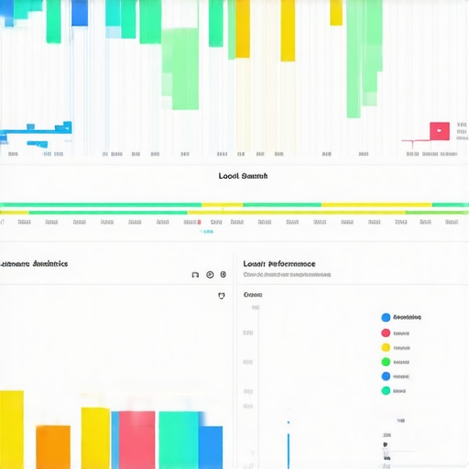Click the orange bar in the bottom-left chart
coord(52,447)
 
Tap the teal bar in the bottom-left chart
coord(179,440)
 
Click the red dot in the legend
coord(385,333)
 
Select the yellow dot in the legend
coord(385,347)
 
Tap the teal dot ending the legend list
coord(385,390)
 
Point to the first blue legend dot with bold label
coord(385,318)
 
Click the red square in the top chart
coord(440,131)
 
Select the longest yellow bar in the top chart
coord(288,30)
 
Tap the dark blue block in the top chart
coord(80,12)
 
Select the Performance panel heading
coord(279,264)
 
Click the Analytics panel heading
coord(35,264)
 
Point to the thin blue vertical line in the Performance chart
coord(288,444)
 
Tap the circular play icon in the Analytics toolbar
coord(210,274)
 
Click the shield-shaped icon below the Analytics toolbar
coord(221,296)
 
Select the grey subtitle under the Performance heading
coord(279,275)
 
